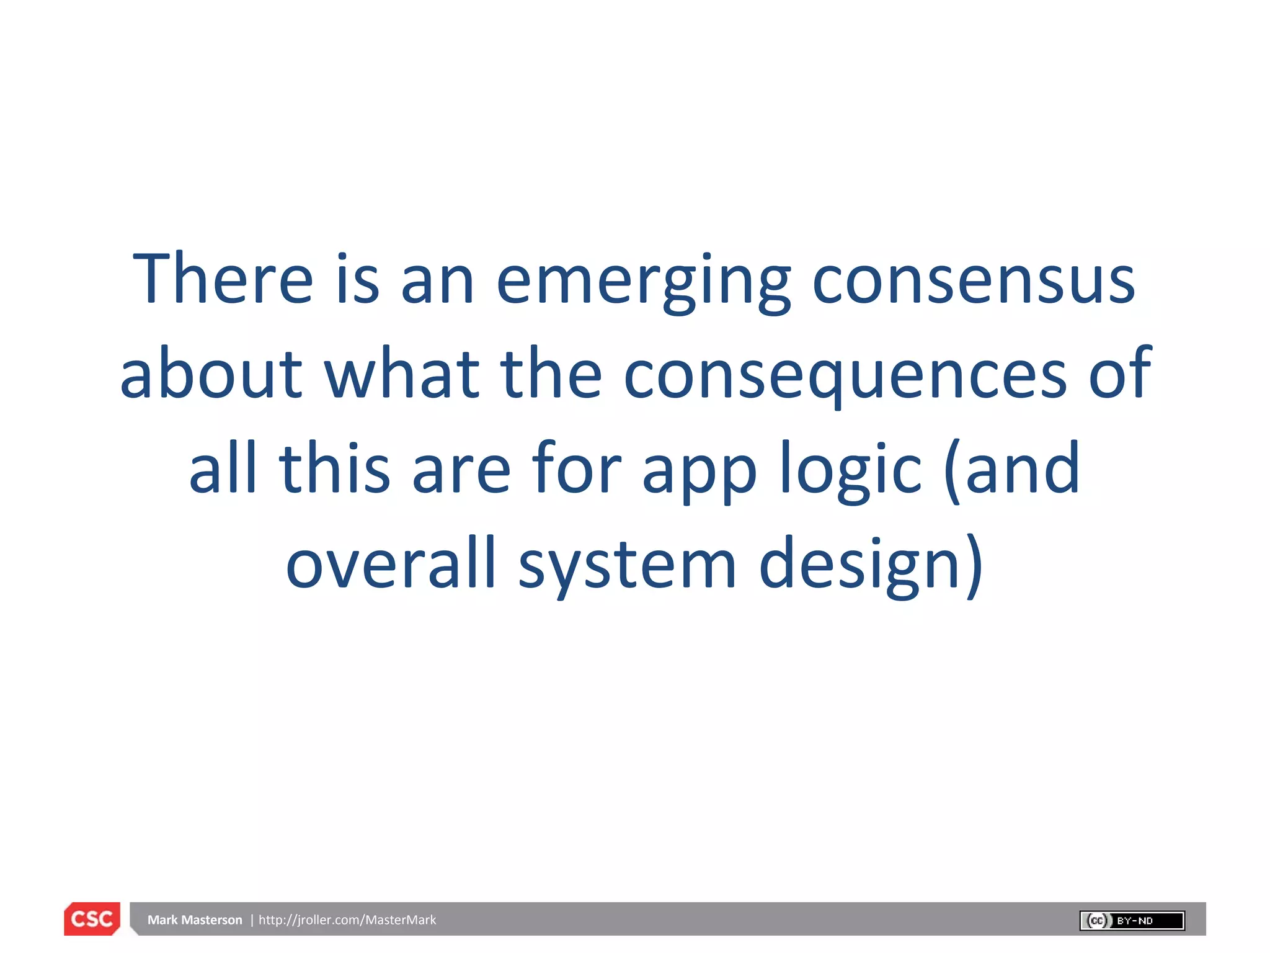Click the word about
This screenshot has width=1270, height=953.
pos(211,374)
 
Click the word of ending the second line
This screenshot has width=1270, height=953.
pos(1120,374)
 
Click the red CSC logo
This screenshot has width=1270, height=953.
pos(92,919)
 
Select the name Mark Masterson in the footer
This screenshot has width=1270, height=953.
pos(195,920)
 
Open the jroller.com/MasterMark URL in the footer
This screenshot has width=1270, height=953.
pos(347,920)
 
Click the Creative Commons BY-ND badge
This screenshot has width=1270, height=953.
pos(1132,920)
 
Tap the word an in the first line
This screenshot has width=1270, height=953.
pos(438,282)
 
